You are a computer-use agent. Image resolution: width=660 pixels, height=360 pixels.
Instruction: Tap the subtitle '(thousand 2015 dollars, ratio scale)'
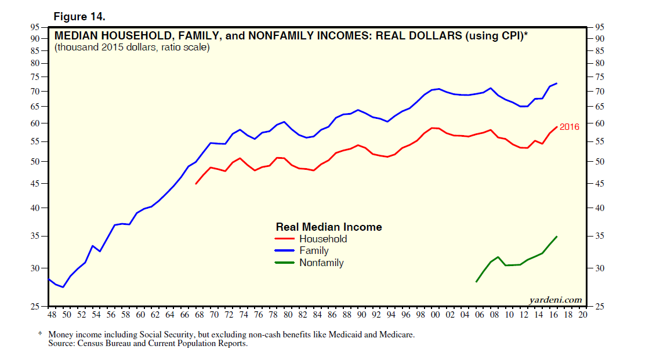(132, 48)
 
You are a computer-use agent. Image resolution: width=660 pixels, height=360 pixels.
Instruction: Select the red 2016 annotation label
(569, 126)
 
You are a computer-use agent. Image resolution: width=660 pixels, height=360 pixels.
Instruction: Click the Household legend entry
(322, 239)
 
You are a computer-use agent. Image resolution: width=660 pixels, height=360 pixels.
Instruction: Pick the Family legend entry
(314, 251)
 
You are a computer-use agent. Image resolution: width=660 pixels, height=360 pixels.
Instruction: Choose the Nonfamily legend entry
(321, 263)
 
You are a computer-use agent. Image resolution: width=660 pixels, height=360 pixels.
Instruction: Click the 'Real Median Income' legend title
(329, 227)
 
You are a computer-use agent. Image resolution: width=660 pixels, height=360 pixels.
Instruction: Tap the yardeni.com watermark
(556, 300)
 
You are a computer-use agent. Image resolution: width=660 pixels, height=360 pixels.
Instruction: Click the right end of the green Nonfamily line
(557, 237)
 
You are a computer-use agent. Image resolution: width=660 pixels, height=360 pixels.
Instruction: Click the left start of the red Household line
(196, 184)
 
